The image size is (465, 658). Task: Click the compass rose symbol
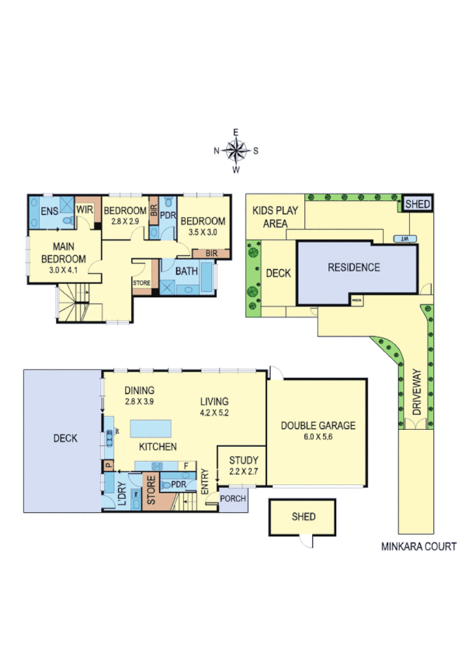[237, 150]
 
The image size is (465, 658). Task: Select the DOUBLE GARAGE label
[318, 425]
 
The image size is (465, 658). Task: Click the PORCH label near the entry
[232, 499]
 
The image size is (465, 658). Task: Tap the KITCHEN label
[158, 447]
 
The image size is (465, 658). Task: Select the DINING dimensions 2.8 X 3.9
[140, 401]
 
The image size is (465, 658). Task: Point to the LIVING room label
[213, 401]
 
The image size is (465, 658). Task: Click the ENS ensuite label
[48, 210]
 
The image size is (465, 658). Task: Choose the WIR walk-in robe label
[85, 210]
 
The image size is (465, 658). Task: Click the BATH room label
[186, 272]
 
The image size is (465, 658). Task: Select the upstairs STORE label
[142, 282]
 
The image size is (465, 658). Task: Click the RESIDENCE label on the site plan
[353, 268]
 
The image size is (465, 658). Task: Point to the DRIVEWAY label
[416, 393]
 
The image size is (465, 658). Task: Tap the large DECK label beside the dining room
[65, 438]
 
